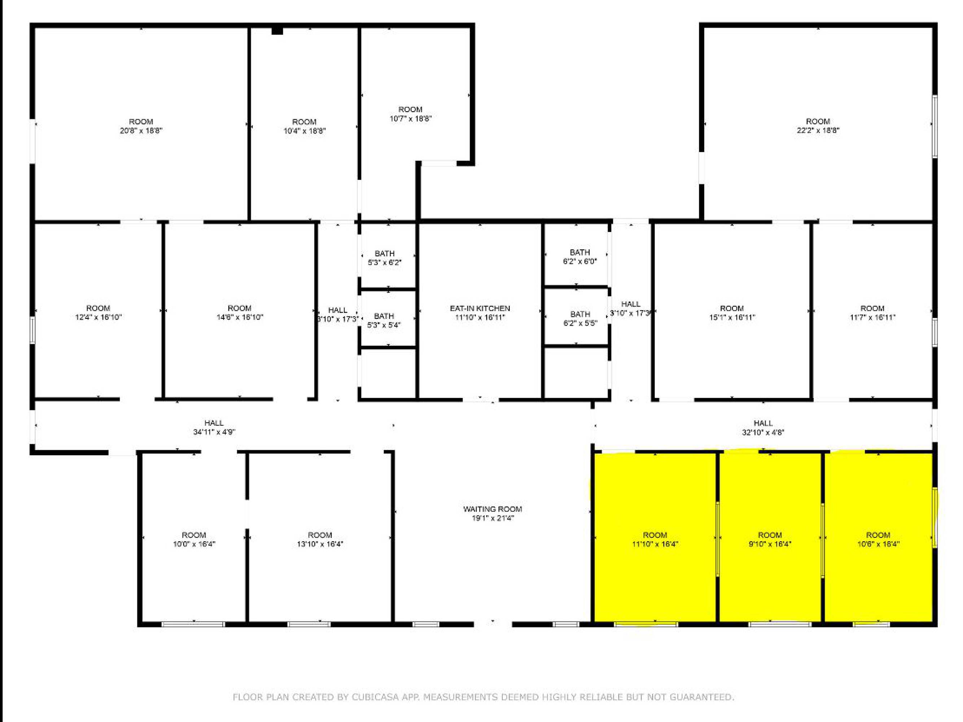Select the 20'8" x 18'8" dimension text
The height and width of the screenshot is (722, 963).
[141, 130]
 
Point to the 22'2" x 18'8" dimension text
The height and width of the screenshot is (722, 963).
[818, 130]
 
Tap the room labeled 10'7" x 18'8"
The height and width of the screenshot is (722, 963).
[411, 113]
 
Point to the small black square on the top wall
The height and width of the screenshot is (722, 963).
[277, 30]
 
